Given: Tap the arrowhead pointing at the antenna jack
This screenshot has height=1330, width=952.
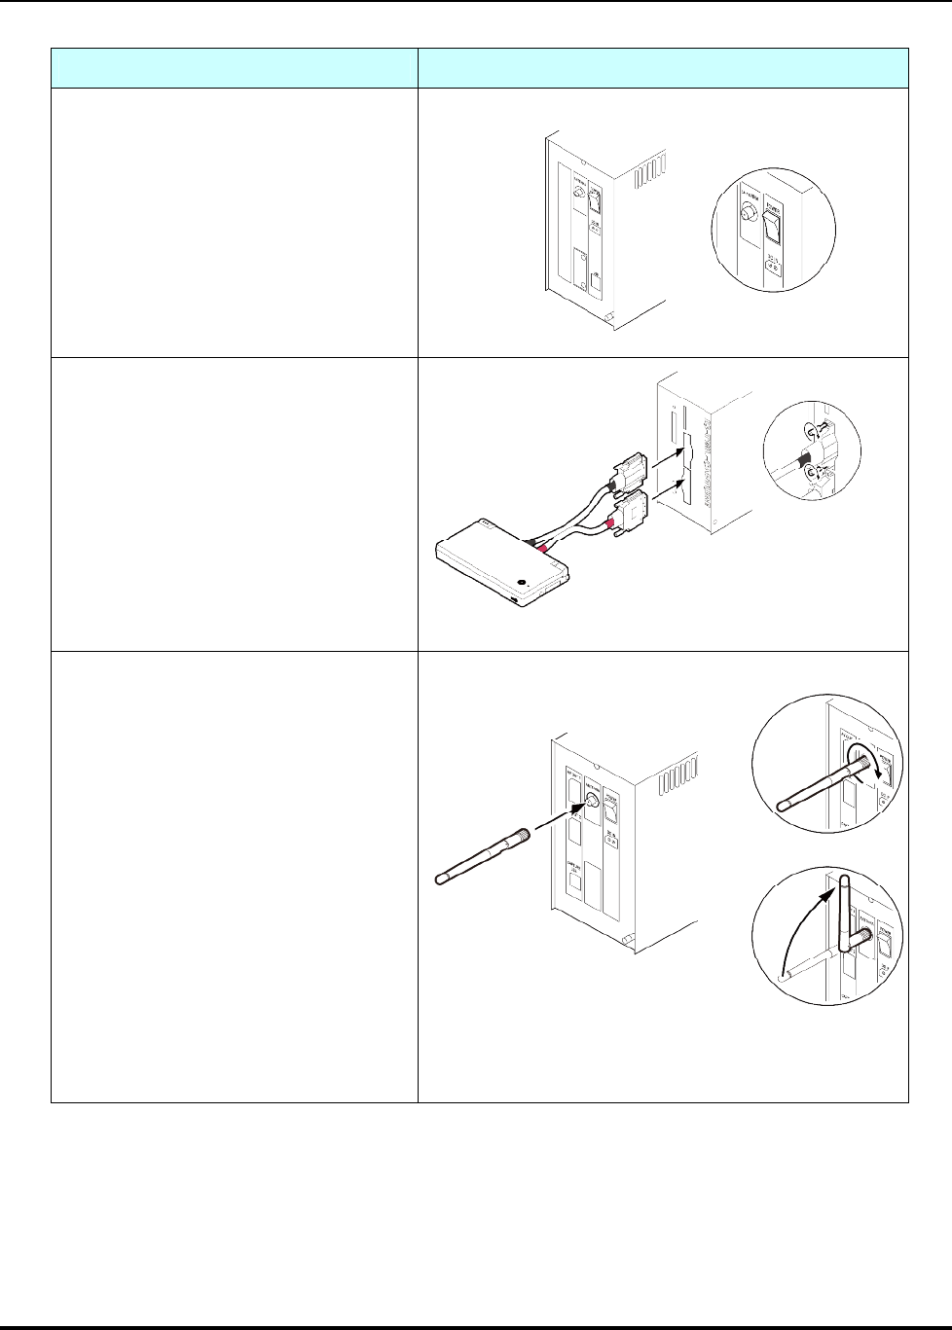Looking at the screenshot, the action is [x=585, y=805].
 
